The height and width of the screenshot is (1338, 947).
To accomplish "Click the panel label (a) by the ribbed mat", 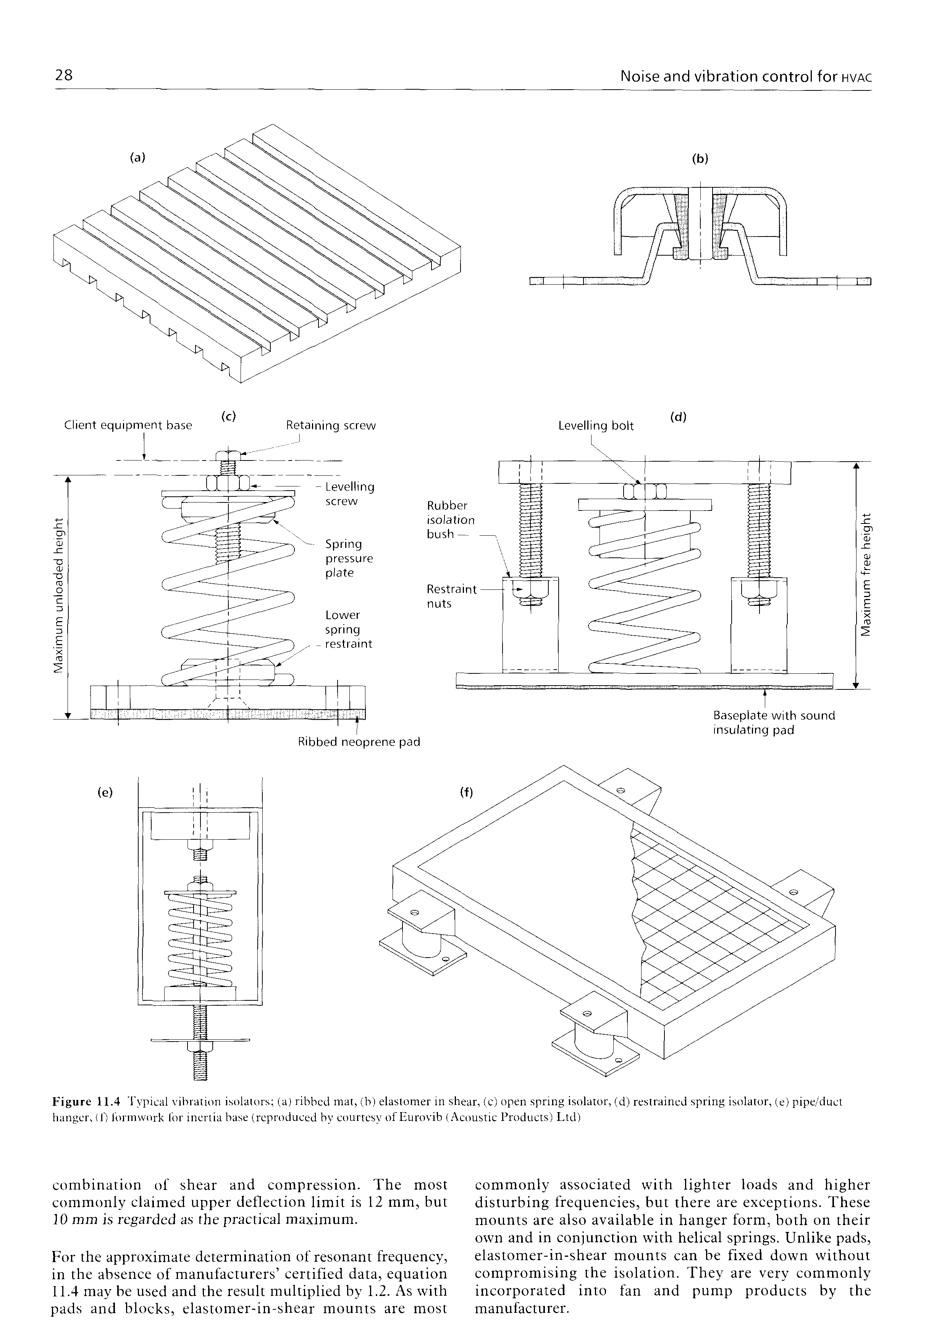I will [137, 157].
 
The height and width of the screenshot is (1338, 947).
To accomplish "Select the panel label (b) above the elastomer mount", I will [699, 159].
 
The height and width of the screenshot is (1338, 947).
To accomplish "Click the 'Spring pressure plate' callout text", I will [349, 558].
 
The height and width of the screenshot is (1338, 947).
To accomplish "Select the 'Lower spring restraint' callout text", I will [348, 630].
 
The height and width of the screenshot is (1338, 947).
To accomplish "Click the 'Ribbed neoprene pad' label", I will [359, 742].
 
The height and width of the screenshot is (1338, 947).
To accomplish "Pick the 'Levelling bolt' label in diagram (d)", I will [595, 426].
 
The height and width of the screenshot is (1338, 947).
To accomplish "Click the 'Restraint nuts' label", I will [451, 596].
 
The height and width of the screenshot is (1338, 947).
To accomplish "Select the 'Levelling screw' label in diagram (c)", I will [349, 494].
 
